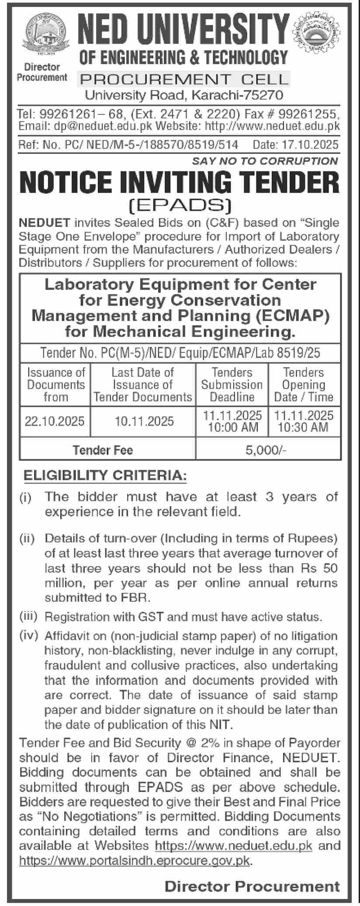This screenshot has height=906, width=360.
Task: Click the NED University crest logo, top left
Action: coord(42,35)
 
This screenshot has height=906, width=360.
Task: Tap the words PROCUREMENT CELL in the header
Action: coord(183,79)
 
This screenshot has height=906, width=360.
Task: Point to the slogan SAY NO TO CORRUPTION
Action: coord(265,161)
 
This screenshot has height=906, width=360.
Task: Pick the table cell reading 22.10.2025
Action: coord(55,421)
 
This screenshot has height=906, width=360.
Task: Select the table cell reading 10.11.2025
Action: coord(144,421)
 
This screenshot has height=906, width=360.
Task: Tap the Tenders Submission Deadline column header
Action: coord(232,385)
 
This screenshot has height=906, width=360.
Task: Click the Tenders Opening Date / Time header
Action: coord(304,385)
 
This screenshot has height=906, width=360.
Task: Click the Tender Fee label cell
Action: coord(103,450)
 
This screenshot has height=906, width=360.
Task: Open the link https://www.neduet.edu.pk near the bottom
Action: coord(234,845)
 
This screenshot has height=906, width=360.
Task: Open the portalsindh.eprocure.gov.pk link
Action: coord(135,860)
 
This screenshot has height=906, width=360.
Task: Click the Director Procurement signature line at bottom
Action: coord(252,886)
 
